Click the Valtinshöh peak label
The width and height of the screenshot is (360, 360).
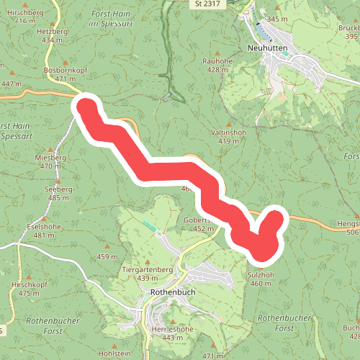click(228, 133)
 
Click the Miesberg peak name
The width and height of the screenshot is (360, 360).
click(50, 157)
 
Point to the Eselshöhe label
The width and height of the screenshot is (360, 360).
click(44, 227)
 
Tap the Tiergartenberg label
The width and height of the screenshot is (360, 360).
click(148, 269)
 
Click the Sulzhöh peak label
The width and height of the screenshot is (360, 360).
click(261, 275)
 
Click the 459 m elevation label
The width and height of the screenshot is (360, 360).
click(107, 257)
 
